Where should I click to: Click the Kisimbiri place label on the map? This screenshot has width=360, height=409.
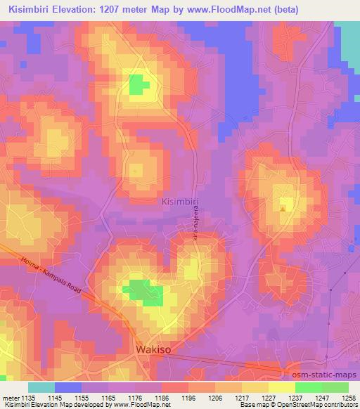pos(181,202)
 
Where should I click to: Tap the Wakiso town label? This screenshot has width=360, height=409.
pos(153,349)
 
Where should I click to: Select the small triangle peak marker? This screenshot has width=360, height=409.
pos(283,208)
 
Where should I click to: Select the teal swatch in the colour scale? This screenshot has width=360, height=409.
pos(41,387)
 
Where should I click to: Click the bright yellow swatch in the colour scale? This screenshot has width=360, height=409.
pos(282,387)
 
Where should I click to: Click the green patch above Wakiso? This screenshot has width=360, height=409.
pos(145,292)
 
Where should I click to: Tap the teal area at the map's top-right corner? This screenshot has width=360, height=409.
pos(349,42)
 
